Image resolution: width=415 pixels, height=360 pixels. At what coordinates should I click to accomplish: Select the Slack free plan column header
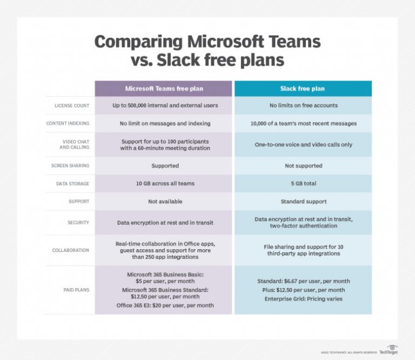click(303, 89)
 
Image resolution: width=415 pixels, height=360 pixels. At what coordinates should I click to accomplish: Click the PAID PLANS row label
click(75, 290)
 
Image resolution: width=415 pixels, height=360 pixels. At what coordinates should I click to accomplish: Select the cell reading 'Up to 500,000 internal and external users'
click(165, 105)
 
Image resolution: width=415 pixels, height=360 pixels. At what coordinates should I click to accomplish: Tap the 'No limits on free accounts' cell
click(303, 105)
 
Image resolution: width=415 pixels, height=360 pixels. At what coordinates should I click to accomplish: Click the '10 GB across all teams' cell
click(165, 184)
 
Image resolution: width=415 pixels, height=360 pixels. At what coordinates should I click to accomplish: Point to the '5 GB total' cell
click(303, 184)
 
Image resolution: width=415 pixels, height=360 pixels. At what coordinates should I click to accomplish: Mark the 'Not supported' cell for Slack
click(303, 165)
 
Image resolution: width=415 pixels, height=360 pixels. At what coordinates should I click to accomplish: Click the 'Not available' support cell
click(165, 202)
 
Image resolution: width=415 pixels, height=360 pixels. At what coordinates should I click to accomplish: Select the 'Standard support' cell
click(303, 202)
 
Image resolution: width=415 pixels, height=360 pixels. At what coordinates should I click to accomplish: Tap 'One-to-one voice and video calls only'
click(303, 144)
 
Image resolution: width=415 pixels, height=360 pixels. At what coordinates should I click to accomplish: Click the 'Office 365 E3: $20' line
click(165, 305)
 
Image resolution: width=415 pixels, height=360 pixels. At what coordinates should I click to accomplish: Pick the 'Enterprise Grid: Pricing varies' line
click(303, 298)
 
